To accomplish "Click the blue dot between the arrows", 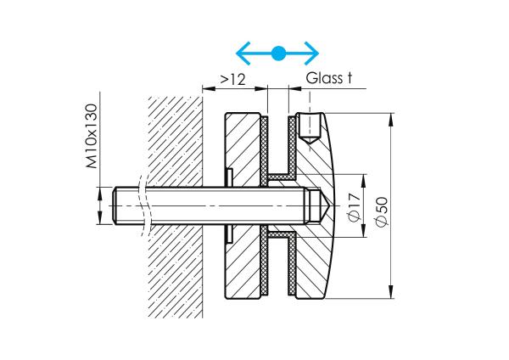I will point(277,54).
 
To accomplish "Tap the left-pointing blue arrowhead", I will point(242,54).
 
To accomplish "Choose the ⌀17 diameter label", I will point(355,206).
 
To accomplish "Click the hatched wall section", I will point(175,153).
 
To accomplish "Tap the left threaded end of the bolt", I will point(119,205).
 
